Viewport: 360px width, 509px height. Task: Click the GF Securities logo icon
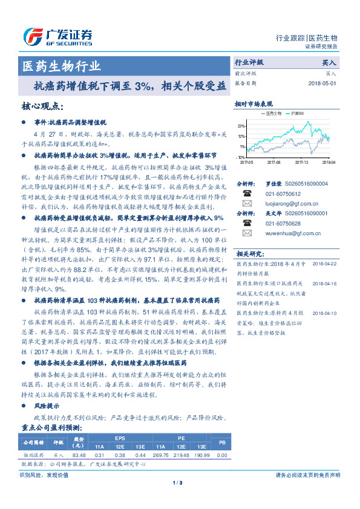34,36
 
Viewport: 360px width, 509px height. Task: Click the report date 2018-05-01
322,83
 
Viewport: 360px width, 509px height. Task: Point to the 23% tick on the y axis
241,126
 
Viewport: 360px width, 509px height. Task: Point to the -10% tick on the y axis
241,157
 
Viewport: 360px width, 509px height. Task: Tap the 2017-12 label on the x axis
301,162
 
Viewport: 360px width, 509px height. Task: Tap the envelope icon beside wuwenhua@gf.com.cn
247,233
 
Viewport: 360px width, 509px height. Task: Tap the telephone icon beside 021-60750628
247,222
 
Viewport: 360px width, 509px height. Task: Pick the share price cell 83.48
79,455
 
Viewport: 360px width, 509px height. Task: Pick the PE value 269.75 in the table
162,455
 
